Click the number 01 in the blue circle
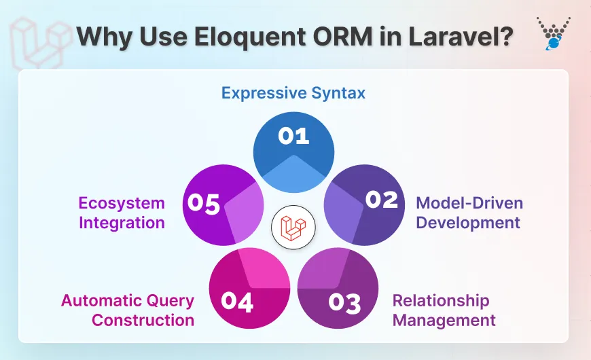coord(293,136)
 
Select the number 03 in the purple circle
coord(344,303)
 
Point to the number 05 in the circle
coord(203,204)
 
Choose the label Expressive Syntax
coord(293,93)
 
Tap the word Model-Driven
coord(469,203)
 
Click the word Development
coord(468,222)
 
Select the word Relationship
coord(441,300)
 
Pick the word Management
coord(444,319)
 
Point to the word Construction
coord(143,319)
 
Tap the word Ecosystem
coord(122,203)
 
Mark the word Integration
coord(122,222)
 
